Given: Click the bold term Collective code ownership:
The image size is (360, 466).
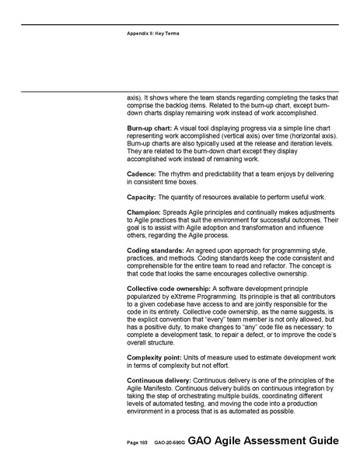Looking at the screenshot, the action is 170,288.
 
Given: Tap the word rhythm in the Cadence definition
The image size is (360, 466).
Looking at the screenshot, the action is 180,172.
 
